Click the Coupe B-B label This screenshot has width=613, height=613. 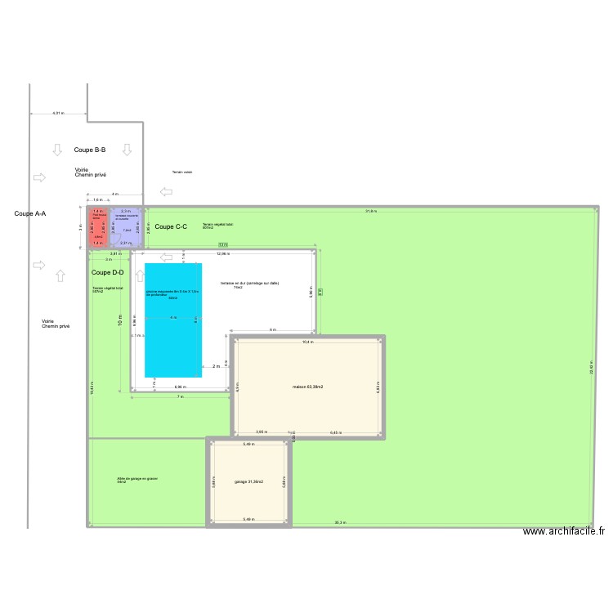pos(90,150)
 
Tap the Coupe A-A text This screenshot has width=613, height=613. pos(30,213)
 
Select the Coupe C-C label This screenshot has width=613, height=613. pos(171,226)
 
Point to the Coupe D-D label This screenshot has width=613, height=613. pos(108,272)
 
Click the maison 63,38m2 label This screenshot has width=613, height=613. pos(308,386)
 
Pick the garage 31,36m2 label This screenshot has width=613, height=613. pos(249,481)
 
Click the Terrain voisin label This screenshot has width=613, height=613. pos(182,172)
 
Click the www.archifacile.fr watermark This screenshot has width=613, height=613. pos(564,531)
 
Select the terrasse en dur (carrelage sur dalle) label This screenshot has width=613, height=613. pos(249,284)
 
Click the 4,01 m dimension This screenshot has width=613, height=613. pos(57,114)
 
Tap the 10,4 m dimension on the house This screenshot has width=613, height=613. pos(306,342)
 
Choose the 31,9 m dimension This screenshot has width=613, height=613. pos(371,211)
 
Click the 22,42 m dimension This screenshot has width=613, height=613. pos(591,367)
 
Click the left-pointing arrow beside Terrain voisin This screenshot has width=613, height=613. pos(167,192)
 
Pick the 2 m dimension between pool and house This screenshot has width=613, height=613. pos(216,366)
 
